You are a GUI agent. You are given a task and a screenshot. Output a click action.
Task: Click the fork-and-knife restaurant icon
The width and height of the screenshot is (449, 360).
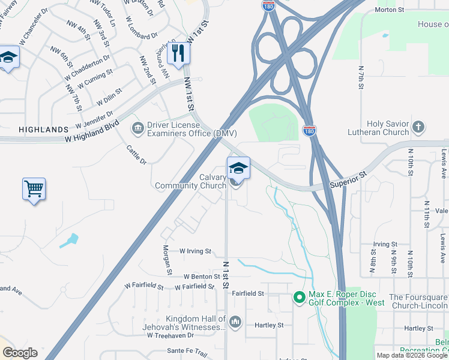(x=178, y=53)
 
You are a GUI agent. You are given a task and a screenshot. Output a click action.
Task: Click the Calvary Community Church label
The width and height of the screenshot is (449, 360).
(x=190, y=181)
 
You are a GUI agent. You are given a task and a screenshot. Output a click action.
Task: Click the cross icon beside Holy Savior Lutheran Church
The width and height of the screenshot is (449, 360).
(x=418, y=127)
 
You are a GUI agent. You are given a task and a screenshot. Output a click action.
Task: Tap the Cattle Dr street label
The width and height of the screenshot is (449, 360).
(x=137, y=154)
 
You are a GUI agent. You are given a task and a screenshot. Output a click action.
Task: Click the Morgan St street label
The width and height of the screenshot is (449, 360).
(x=167, y=260)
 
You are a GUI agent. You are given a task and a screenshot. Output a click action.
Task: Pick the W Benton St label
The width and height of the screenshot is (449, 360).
(x=198, y=277)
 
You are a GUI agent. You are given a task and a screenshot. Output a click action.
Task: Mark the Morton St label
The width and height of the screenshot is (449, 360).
(x=404, y=10)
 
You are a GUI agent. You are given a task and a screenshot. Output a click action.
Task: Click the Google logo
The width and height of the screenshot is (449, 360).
(x=20, y=353)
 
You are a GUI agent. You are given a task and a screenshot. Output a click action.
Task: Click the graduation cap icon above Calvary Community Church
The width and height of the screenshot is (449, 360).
(x=238, y=169)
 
